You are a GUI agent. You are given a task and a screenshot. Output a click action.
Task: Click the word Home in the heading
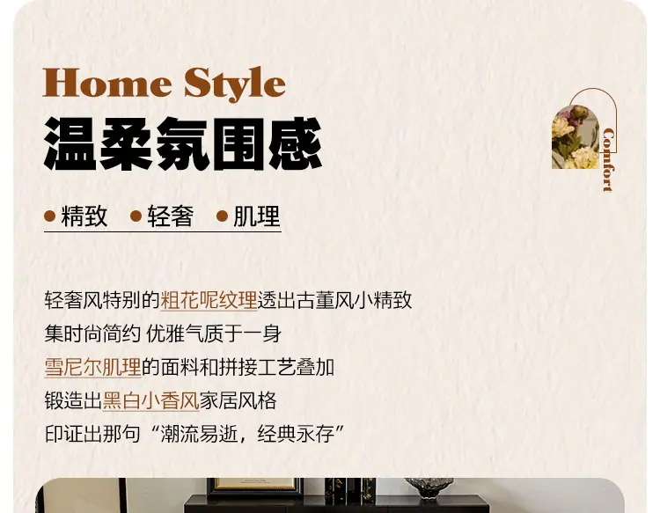107,84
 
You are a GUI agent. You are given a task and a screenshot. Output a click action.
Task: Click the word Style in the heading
235,84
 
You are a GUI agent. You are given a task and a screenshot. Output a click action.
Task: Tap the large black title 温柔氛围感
183,144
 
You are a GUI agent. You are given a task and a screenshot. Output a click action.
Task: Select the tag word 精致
84,216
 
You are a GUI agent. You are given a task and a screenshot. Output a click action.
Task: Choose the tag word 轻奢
171,216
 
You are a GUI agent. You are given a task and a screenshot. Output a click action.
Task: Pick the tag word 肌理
257,216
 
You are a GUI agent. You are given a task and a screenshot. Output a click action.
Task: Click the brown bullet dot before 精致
49,216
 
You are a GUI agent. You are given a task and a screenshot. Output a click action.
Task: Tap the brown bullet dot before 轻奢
136,216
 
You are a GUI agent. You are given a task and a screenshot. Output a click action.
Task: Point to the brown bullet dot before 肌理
223,216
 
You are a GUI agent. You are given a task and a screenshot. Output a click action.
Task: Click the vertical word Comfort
608,160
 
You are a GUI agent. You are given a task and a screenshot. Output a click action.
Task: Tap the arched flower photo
576,137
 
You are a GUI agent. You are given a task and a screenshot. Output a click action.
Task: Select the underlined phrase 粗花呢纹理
209,300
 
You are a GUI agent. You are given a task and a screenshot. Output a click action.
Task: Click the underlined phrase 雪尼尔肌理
92,367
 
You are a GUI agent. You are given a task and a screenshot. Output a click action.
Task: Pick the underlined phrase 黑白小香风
150,400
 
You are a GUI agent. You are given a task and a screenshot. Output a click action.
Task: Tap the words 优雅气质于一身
214,333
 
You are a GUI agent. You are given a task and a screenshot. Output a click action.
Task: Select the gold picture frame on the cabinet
254,487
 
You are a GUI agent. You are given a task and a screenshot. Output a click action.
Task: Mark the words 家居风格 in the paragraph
238,400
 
